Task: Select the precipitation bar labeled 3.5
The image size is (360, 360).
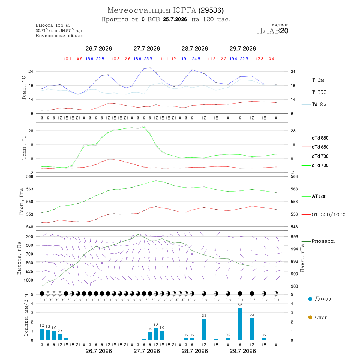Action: point(240,324)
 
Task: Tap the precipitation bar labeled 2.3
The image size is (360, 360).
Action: point(204,329)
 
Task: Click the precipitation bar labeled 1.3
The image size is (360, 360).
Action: point(156,334)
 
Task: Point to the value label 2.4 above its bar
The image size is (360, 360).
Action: point(252,315)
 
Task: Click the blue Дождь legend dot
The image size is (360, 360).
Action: point(310,299)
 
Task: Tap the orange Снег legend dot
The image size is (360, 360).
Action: point(310,318)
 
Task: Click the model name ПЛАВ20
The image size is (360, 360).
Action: point(272,31)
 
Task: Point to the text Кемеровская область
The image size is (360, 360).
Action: point(61,36)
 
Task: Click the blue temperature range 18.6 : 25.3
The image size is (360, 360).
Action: point(143,59)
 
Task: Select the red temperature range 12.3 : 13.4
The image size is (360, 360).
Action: point(265,59)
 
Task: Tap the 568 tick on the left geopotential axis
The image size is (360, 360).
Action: point(30,176)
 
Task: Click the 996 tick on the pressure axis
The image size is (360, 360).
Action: point(294,237)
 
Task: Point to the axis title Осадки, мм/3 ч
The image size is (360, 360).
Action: point(26,315)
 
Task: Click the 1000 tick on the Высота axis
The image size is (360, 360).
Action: point(28,280)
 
